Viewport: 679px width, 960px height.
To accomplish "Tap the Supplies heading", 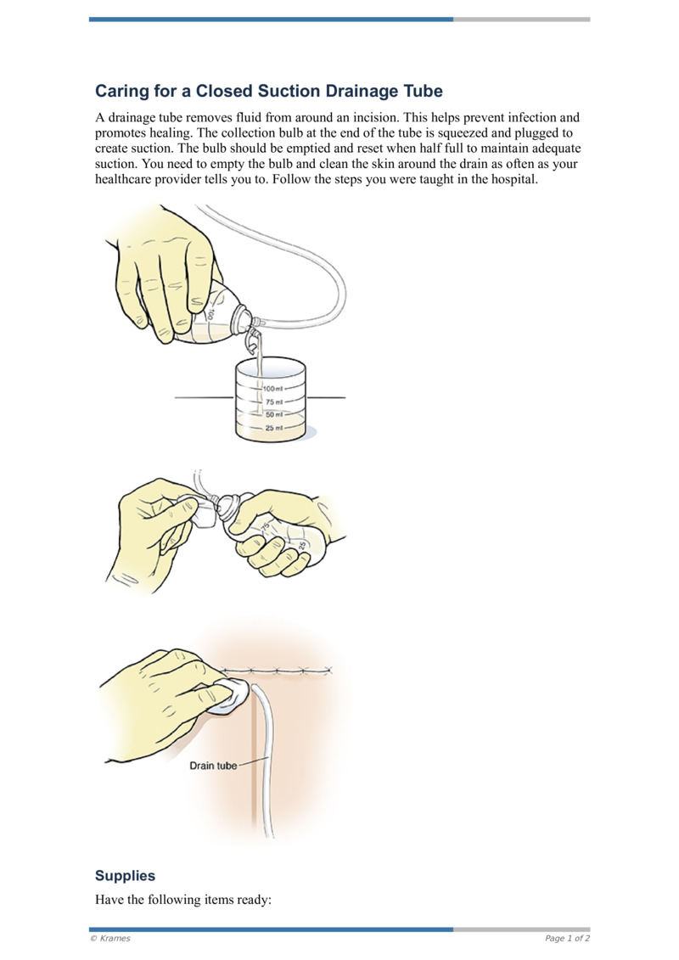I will coord(125,875).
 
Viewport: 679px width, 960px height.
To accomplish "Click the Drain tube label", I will coord(213,766).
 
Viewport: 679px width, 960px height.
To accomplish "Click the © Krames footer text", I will coord(109,938).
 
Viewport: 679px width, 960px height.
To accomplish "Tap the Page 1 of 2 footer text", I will coord(567,938).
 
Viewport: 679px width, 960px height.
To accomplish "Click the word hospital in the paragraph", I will coord(513,180).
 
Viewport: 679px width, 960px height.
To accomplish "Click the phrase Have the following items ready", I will coord(182,900).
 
